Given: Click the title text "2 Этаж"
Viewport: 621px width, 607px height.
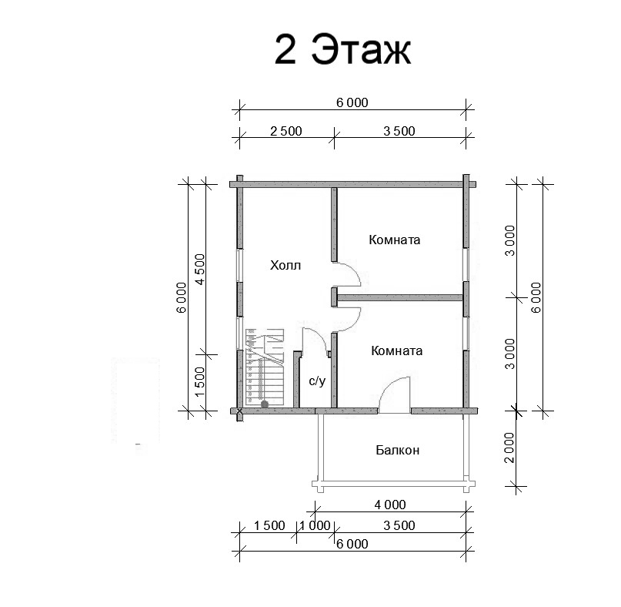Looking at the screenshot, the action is (343, 49).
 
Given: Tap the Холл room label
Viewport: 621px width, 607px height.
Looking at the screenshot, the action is (285, 265).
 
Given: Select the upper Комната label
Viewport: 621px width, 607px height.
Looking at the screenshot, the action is (395, 240).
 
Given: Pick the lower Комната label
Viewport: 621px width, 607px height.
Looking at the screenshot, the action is (397, 351).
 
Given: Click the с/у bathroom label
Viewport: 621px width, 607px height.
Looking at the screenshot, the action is (317, 381).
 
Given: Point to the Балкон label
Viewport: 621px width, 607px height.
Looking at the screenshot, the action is (398, 450).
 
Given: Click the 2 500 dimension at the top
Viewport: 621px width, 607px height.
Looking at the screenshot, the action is (286, 131).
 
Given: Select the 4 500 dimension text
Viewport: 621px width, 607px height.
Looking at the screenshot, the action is (200, 269).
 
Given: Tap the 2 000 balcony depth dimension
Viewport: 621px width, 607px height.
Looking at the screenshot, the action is (509, 448).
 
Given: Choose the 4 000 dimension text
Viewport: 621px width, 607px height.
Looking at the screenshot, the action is (390, 505).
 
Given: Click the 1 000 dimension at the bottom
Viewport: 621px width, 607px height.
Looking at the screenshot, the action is (315, 525).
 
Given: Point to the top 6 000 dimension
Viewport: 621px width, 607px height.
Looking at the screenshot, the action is (352, 102).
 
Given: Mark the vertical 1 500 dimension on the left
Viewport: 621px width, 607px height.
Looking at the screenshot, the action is (200, 381).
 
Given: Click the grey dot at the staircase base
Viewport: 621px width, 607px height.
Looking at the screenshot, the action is (265, 404).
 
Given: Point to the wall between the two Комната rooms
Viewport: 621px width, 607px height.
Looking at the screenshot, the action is (399, 297).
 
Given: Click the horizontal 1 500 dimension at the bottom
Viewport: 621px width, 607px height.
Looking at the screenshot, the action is (269, 525).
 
